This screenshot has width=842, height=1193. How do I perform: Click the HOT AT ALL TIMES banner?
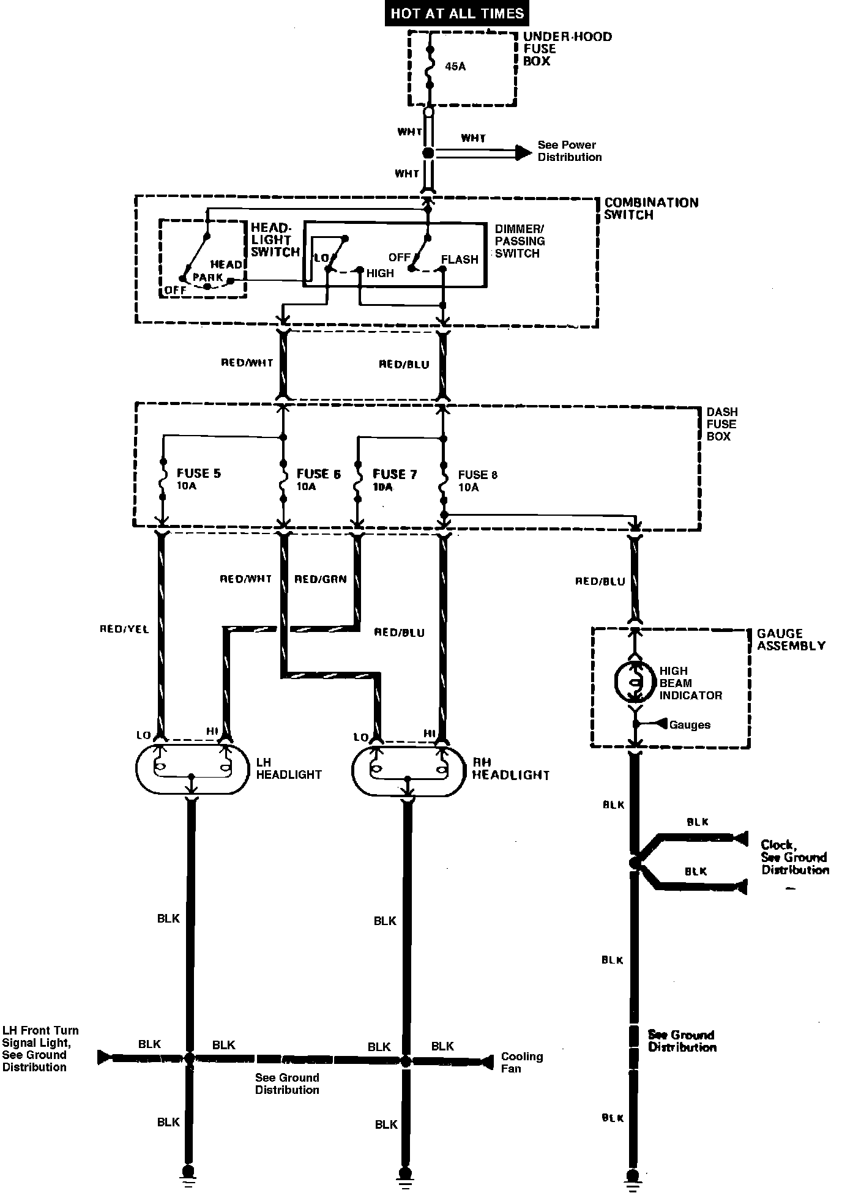click(x=457, y=13)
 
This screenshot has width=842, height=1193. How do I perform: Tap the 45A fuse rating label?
click(x=455, y=66)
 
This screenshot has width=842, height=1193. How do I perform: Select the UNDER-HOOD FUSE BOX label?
click(x=566, y=49)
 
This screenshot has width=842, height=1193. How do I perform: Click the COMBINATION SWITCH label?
click(x=650, y=209)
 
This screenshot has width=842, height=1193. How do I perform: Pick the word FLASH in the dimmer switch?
click(x=459, y=259)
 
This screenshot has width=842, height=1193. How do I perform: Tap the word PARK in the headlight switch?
click(x=207, y=277)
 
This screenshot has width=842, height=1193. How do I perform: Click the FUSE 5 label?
click(x=198, y=474)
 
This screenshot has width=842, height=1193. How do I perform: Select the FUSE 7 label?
click(x=394, y=474)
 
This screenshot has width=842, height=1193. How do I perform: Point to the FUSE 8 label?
click(x=478, y=475)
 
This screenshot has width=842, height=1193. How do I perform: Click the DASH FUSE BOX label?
click(x=721, y=424)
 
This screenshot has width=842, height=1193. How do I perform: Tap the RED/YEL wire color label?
click(x=124, y=629)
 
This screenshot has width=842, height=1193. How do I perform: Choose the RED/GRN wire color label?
click(x=320, y=579)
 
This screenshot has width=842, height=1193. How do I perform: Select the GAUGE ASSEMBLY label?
click(x=791, y=639)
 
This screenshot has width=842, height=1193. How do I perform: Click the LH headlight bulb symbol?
click(x=192, y=769)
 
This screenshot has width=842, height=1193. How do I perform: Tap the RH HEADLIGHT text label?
click(x=510, y=768)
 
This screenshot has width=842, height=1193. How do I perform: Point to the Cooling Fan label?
click(x=521, y=1062)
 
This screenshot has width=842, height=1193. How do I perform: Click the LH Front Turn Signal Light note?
click(x=40, y=1049)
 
